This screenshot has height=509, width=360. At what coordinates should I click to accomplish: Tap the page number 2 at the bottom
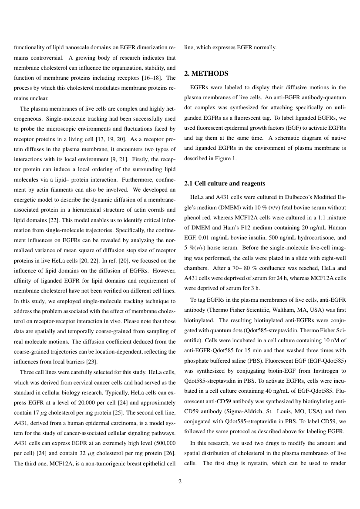click(x=180, y=482)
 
